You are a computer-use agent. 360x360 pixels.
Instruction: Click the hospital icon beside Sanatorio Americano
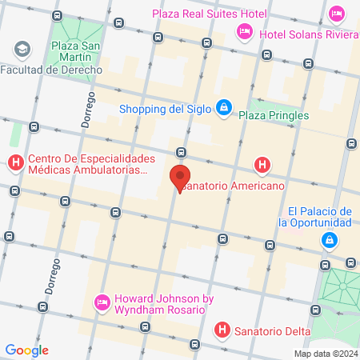262,166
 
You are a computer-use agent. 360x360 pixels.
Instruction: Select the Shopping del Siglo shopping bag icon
225,107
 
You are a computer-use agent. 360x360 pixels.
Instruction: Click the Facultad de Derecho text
51,70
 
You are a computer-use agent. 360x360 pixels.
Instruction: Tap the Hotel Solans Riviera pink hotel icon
243,31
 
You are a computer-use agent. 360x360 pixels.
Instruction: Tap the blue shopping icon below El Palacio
329,239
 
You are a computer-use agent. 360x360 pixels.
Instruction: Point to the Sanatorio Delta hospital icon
222,329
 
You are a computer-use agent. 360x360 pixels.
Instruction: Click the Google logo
27,350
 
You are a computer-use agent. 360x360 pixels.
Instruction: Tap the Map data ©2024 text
325,354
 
